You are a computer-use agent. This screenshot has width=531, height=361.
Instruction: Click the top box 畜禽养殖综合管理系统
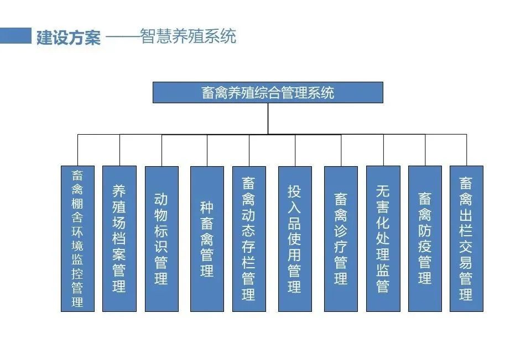[x=268, y=92]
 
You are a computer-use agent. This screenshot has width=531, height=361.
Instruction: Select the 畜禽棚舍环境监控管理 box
[x=77, y=238]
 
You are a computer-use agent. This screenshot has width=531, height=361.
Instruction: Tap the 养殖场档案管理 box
[x=119, y=238]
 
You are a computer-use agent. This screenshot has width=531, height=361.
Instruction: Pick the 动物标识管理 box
[x=162, y=238]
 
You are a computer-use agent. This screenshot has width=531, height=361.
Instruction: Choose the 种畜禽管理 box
[x=207, y=238]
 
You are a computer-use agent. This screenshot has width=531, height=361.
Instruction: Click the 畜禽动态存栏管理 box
[x=249, y=238]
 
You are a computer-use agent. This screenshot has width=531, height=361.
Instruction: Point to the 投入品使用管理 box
[x=295, y=238]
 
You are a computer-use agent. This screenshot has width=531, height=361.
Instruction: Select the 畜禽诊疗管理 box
[x=341, y=238]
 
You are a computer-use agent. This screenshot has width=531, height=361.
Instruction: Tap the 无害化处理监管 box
[x=383, y=238]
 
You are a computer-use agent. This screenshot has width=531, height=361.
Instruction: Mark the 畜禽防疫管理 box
[x=425, y=238]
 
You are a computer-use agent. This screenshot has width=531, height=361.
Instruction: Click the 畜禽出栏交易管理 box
[x=466, y=238]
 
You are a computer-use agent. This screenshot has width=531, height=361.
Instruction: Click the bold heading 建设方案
[x=69, y=38]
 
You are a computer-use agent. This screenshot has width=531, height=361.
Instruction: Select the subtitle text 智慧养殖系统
[x=188, y=36]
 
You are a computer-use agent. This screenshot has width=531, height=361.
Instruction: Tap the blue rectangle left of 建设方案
[x=15, y=36]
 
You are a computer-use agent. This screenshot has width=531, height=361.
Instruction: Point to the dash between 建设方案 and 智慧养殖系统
[x=122, y=38]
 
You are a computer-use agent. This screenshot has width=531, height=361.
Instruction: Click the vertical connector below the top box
[x=268, y=118]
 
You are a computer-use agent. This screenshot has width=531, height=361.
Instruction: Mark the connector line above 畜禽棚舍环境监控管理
[x=77, y=150]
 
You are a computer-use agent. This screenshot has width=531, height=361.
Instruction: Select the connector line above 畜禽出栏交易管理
[x=466, y=150]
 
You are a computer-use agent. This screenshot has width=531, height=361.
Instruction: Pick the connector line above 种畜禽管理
[x=207, y=150]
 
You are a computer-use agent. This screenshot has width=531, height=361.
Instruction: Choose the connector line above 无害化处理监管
[x=383, y=150]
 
